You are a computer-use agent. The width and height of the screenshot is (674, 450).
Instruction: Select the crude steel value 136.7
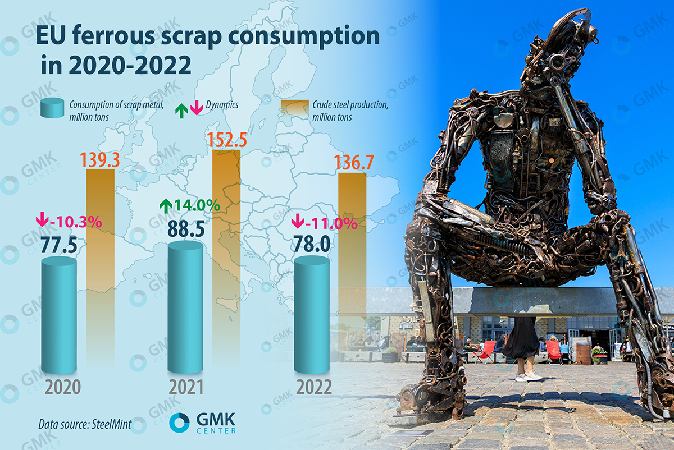point(353,163)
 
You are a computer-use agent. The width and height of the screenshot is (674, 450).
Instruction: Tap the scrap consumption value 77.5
point(59,245)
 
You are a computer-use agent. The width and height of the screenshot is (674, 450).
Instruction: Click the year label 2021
point(185,388)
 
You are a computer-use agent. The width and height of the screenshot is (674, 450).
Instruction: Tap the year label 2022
point(312,388)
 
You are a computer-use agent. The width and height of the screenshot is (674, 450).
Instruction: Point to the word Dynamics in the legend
point(222,105)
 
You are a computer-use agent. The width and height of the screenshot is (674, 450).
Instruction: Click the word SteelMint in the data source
point(109,424)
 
